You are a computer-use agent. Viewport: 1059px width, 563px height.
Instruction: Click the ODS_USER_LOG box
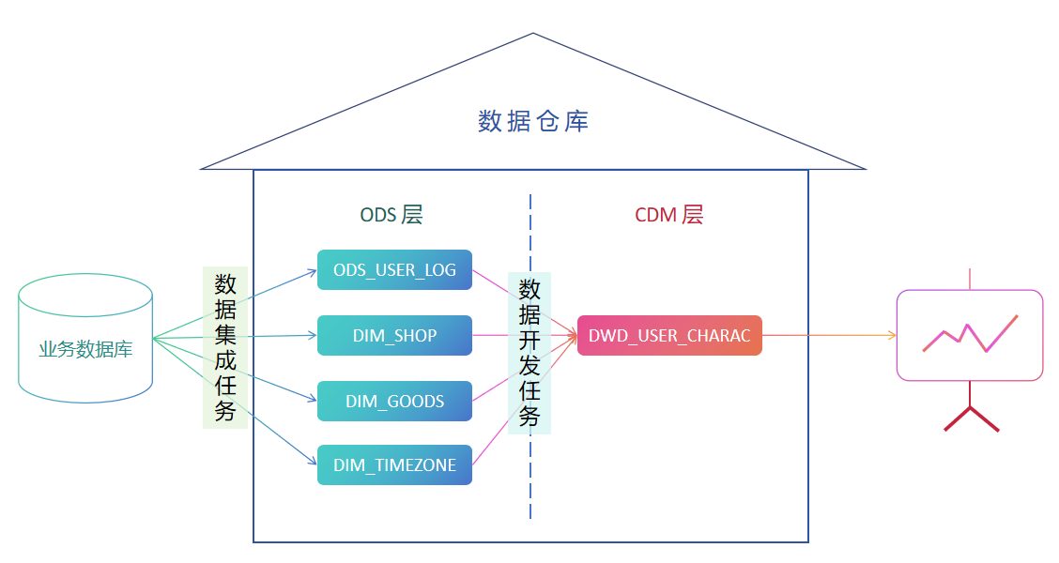click(394, 270)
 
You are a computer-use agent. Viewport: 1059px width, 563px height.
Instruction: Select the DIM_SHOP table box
click(394, 335)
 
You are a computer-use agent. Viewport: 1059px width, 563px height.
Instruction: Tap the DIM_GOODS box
click(394, 401)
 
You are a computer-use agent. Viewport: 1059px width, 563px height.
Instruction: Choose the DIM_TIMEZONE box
click(394, 465)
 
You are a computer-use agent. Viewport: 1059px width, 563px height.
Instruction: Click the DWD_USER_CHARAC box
click(669, 335)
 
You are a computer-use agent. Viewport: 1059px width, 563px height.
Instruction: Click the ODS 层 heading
click(391, 215)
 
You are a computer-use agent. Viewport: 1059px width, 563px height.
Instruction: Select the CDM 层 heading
click(668, 215)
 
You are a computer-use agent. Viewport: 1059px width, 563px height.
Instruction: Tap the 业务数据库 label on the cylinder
click(85, 350)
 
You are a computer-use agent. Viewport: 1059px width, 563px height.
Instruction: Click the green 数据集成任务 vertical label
click(225, 347)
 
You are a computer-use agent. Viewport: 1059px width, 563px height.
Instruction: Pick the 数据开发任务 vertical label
click(529, 353)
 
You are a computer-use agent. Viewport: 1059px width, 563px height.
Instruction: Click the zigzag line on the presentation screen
click(970, 334)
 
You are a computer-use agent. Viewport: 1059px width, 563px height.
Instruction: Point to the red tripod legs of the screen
click(971, 418)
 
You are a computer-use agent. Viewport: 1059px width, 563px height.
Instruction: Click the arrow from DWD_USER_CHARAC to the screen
click(826, 335)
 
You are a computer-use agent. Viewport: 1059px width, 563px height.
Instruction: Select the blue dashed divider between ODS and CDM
click(530, 488)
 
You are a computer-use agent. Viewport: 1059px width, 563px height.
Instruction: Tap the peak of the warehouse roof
click(533, 36)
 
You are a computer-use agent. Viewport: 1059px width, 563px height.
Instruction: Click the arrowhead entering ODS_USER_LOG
click(313, 272)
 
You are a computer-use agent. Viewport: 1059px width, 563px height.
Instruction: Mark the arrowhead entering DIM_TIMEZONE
click(313, 462)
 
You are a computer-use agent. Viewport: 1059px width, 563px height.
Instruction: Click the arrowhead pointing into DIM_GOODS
click(313, 399)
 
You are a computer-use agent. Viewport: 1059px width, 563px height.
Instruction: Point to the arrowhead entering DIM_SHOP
click(313, 335)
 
